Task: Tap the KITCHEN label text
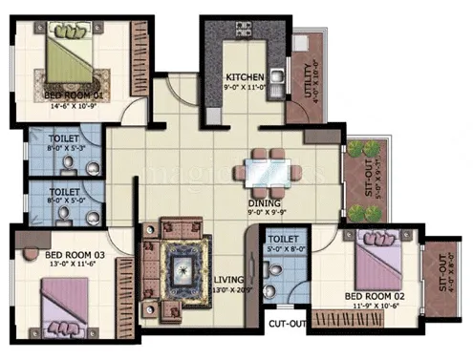246,76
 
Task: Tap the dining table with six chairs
263,173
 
